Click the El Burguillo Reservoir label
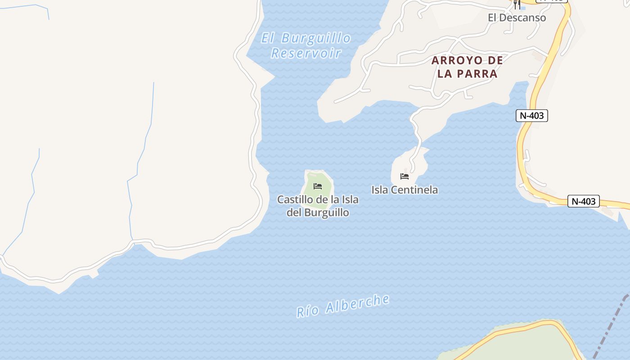pyautogui.click(x=306, y=45)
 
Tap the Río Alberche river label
pyautogui.click(x=343, y=306)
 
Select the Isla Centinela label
pyautogui.click(x=405, y=190)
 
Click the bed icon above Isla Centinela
pyautogui.click(x=405, y=176)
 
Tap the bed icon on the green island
pyautogui.click(x=318, y=186)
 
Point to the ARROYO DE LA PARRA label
pyautogui.click(x=468, y=67)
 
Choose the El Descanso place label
pyautogui.click(x=517, y=18)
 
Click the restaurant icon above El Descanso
pyautogui.click(x=517, y=4)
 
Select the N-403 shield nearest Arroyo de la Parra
pyautogui.click(x=531, y=116)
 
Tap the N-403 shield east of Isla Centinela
pyautogui.click(x=584, y=201)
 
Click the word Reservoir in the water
pyautogui.click(x=306, y=53)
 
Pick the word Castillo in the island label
pyautogui.click(x=293, y=199)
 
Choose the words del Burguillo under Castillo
pyautogui.click(x=318, y=212)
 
